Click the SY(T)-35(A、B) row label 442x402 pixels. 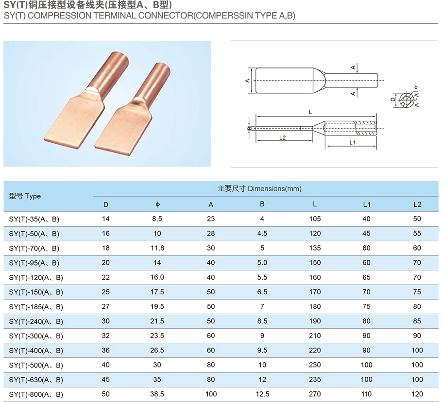(x=34, y=219)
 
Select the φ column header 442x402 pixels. (x=158, y=204)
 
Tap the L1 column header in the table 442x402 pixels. (x=367, y=204)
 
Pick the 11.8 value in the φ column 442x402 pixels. (x=157, y=248)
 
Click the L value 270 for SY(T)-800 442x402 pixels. (x=315, y=394)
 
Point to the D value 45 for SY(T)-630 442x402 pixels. (x=106, y=380)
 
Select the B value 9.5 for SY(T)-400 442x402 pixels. (x=262, y=350)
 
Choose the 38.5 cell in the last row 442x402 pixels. (x=157, y=394)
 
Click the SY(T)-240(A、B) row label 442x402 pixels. (x=36, y=321)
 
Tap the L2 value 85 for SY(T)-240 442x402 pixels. (x=417, y=321)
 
